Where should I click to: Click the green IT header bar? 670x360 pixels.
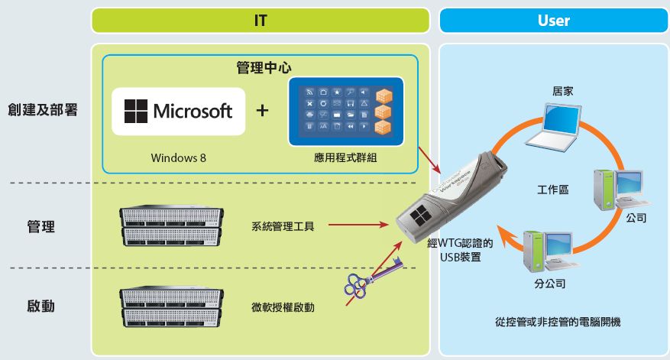pyautogui.click(x=261, y=21)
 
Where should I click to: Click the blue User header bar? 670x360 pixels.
pyautogui.click(x=554, y=21)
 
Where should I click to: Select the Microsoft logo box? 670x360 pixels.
pyautogui.click(x=178, y=112)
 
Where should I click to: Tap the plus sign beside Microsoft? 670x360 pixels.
pyautogui.click(x=262, y=111)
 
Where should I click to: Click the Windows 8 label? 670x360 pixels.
pyautogui.click(x=178, y=158)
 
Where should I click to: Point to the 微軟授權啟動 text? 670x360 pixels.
pyautogui.click(x=283, y=307)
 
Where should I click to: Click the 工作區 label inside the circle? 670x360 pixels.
pyautogui.click(x=552, y=189)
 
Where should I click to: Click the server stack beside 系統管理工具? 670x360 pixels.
pyautogui.click(x=170, y=225)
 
